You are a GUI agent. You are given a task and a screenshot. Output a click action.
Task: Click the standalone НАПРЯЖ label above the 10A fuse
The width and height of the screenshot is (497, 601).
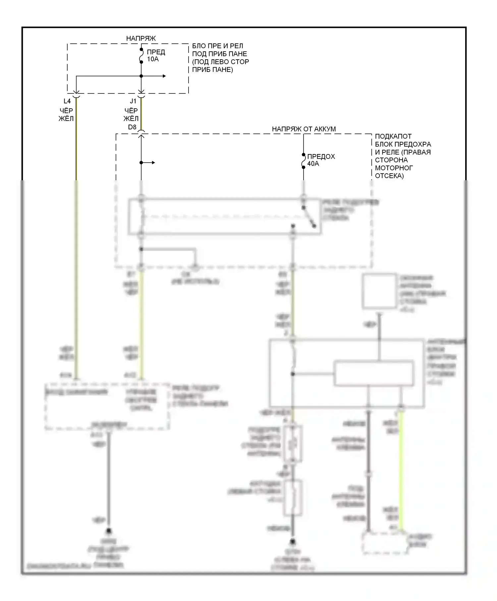click(x=141, y=38)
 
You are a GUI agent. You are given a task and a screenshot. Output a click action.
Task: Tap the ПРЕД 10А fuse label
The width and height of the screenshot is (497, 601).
click(x=156, y=56)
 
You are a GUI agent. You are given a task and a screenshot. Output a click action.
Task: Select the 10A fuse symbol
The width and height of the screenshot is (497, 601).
click(x=141, y=56)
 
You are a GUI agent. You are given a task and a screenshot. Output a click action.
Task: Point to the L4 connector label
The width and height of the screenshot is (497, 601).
click(x=67, y=101)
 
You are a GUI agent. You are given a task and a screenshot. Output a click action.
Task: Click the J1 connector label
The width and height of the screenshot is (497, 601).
click(x=133, y=101)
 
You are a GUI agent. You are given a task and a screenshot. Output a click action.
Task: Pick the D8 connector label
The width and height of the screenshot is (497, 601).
click(x=132, y=127)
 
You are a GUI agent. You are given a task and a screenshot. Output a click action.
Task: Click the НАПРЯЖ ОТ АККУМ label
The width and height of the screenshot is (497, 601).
click(x=304, y=129)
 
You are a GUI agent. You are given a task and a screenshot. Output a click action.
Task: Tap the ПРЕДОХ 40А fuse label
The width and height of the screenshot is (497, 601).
click(x=321, y=160)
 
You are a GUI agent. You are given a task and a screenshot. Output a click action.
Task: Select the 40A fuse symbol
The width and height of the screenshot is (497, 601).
click(x=304, y=161)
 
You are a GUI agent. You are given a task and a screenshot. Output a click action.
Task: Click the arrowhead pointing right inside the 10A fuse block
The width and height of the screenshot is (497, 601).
click(x=164, y=76)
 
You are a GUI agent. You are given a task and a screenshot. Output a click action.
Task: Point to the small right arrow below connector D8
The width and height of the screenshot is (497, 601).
click(x=153, y=163)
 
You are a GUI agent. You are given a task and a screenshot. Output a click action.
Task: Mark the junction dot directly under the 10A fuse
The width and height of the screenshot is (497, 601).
click(x=141, y=76)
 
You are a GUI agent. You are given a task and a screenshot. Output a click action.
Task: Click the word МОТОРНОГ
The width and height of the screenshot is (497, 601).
click(x=394, y=168)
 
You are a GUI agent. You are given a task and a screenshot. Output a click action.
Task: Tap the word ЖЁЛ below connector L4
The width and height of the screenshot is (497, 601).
click(x=66, y=118)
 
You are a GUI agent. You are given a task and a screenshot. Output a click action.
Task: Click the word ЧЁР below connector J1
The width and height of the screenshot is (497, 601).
click(x=131, y=110)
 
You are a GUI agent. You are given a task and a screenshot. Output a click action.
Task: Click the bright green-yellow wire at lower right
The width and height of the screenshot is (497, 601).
click(x=401, y=470)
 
